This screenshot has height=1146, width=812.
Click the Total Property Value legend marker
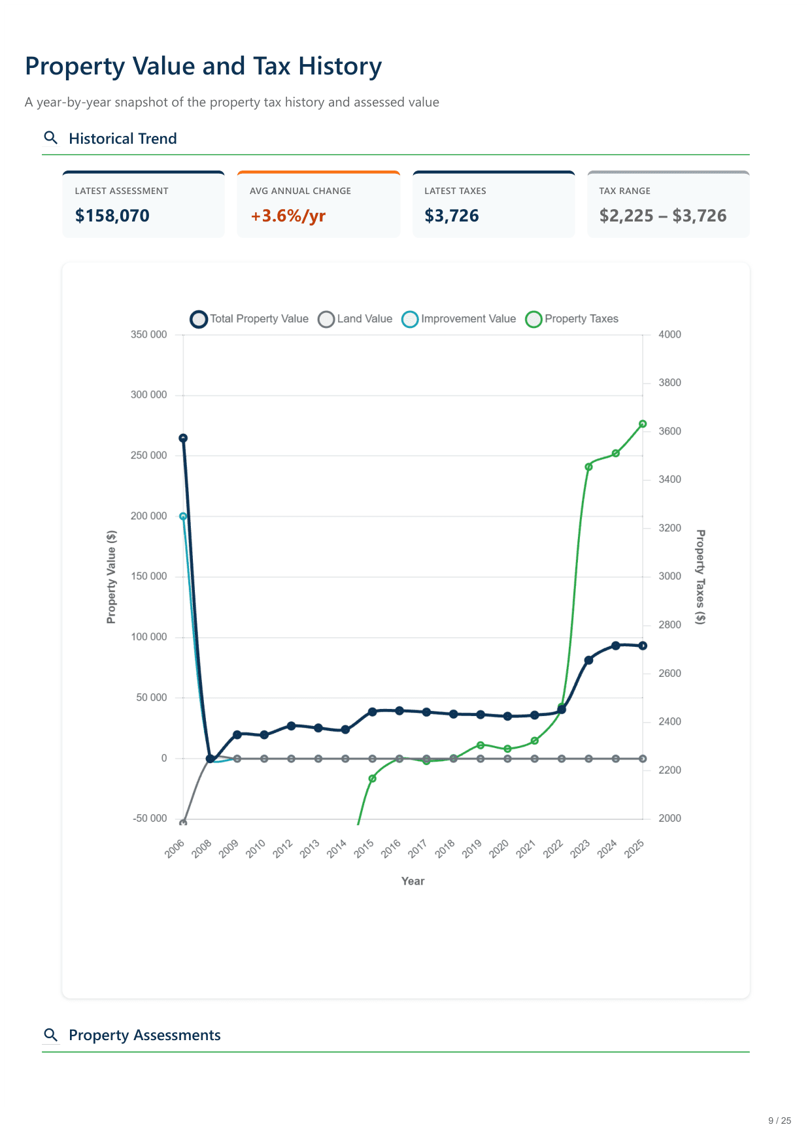[199, 319]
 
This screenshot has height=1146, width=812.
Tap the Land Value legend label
[364, 319]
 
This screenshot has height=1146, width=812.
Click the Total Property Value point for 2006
[183, 438]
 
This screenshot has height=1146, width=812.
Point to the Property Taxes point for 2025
[643, 424]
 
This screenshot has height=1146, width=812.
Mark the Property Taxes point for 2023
[588, 467]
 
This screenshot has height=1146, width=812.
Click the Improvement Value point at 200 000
[183, 516]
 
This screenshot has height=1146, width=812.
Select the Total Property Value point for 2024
[615, 646]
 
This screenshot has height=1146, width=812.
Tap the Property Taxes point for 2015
[372, 779]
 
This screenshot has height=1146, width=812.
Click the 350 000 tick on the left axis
[149, 335]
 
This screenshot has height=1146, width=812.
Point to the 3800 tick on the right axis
[669, 383]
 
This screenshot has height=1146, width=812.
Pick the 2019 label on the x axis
[472, 848]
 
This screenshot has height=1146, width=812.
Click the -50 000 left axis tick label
[150, 819]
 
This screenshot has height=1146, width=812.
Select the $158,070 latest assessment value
[112, 216]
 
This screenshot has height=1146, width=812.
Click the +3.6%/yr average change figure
[288, 216]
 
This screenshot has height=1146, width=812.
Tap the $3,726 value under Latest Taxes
[452, 216]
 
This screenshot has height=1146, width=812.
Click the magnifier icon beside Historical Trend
[50, 138]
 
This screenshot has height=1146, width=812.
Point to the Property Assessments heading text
[144, 1035]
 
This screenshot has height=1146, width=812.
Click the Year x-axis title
[413, 881]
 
